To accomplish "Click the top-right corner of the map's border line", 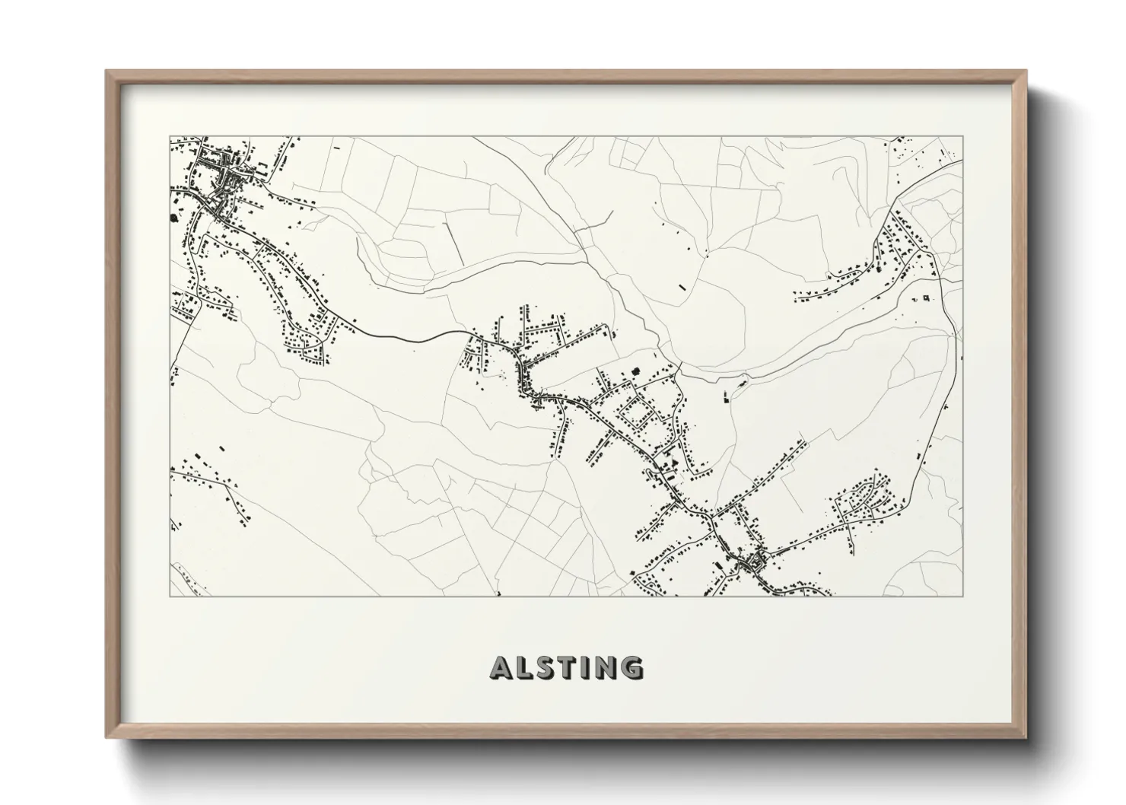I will click(x=962, y=137).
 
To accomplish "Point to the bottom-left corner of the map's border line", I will click(x=170, y=596).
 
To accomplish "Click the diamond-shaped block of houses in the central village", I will click(x=638, y=414).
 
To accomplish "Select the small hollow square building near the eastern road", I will click(x=926, y=297).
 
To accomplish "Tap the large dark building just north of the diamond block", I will click(x=634, y=372).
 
